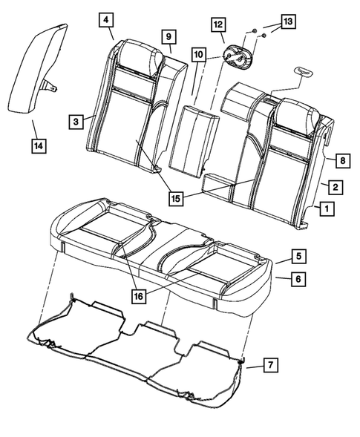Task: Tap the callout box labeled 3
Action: tap(76, 119)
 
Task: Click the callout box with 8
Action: tap(342, 159)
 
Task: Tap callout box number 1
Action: tap(324, 210)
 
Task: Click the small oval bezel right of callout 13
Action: tap(305, 70)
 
